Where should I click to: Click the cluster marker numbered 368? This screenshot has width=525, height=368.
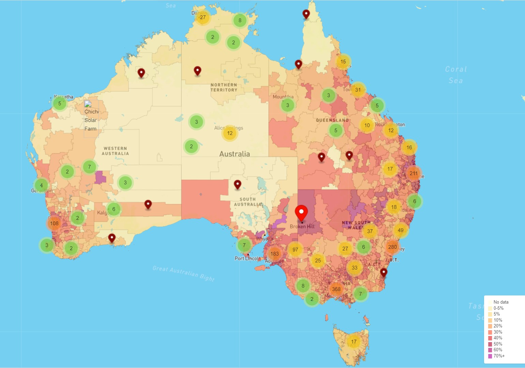tap(336, 289)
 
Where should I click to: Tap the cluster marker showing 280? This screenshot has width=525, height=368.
tap(392, 247)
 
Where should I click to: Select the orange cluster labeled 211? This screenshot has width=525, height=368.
tap(414, 173)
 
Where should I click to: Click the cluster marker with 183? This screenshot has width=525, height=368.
tap(274, 254)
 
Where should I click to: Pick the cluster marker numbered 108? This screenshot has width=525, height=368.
tap(54, 224)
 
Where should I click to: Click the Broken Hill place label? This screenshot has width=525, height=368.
tap(302, 227)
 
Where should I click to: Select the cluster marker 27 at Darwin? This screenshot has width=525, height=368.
tap(203, 17)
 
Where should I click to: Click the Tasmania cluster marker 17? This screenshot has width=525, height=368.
tap(354, 342)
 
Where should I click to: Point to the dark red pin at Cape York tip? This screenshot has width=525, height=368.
tap(306, 14)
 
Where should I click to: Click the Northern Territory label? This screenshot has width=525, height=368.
tap(224, 88)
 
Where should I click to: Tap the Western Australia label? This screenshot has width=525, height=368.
tap(115, 151)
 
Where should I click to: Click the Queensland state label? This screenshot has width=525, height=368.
tap(332, 120)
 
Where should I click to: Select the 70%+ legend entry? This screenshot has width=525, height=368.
tap(499, 356)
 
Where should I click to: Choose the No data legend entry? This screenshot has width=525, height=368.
tap(500, 302)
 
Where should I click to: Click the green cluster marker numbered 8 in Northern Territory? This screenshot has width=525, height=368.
tap(240, 20)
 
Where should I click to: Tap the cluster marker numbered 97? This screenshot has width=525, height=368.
tap(295, 249)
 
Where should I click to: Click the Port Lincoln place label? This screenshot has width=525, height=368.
tap(247, 259)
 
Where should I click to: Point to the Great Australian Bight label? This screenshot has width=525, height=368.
tap(183, 274)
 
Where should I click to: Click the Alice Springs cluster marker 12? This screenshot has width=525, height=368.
tap(230, 133)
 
